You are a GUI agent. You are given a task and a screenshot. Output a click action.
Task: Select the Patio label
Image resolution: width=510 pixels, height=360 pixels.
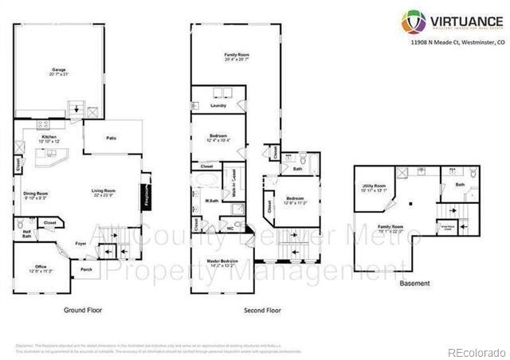[x=112, y=139]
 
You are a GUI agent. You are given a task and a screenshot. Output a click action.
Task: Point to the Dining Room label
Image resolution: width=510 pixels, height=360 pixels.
[x=36, y=194]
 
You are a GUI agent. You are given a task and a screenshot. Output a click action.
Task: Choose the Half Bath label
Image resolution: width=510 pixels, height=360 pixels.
[x=26, y=234]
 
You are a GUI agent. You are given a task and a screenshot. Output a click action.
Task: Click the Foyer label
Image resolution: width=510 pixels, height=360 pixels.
[x=80, y=244]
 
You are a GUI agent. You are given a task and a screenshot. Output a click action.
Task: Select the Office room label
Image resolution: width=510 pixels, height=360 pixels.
[x=41, y=267]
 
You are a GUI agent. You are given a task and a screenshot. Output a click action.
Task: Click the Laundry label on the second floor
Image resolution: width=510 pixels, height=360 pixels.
[x=218, y=104]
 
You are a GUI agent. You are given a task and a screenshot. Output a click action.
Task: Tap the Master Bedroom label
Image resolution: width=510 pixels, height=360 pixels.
[x=222, y=262]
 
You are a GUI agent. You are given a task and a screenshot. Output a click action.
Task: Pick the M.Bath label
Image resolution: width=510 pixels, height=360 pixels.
[x=212, y=201]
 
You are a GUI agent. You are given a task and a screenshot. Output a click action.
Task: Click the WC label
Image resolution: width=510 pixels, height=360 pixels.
[x=230, y=228]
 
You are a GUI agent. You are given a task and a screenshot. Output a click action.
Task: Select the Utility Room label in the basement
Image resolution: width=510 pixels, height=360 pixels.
[x=374, y=188]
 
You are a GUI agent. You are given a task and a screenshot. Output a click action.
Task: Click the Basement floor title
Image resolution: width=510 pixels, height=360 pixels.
[x=415, y=283]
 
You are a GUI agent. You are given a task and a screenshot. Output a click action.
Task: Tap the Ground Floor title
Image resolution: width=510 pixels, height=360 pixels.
[x=82, y=310]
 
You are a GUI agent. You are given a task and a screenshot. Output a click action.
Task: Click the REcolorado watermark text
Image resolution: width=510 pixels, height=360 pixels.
[x=475, y=351]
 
